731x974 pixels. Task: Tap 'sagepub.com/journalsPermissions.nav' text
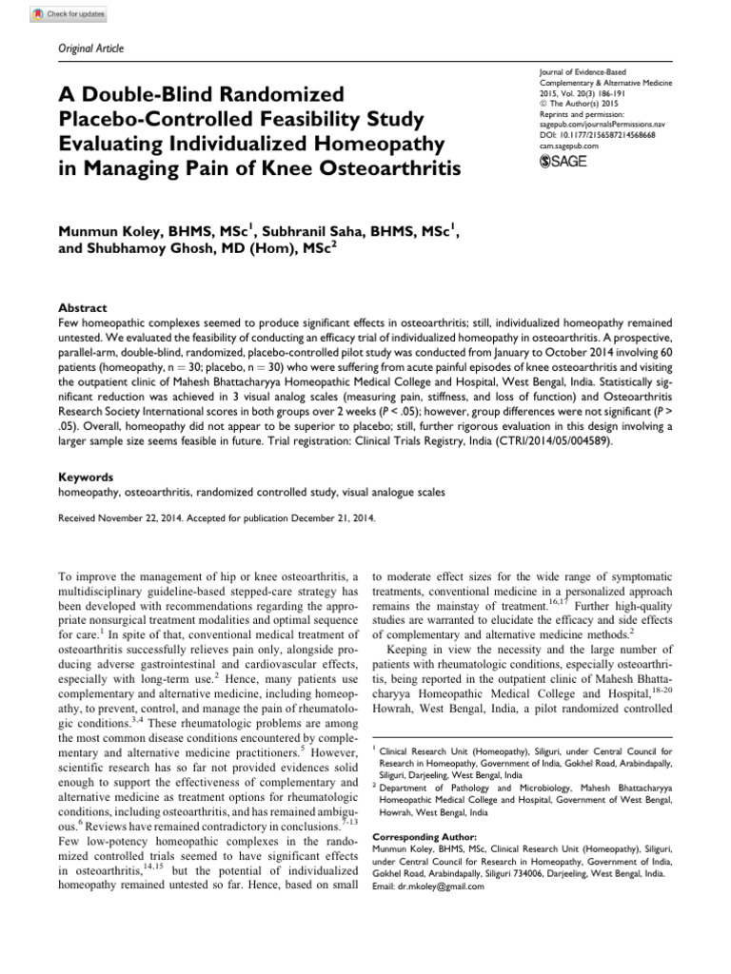[602, 127]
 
